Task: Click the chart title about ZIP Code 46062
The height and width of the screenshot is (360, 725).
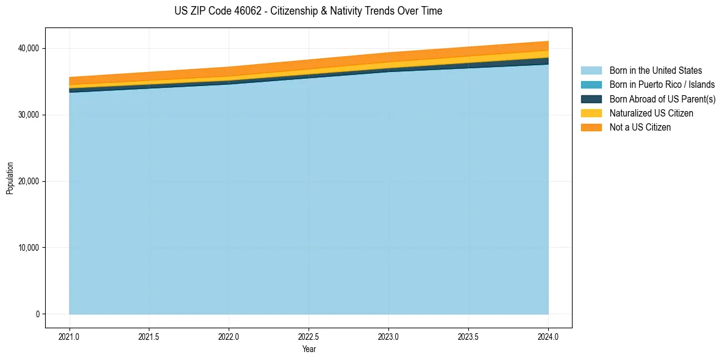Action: coord(308,11)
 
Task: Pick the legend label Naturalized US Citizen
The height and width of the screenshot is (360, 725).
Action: coord(651,113)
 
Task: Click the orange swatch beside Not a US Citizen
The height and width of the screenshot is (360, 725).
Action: coord(591,128)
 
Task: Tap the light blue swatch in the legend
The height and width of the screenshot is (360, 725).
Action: coord(591,71)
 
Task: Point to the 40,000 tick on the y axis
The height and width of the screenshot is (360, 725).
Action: coord(28,48)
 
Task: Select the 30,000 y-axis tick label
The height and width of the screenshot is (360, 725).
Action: coord(28,115)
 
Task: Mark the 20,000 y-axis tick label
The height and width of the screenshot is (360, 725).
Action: coord(28,181)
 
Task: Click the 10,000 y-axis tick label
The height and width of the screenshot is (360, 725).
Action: coord(28,248)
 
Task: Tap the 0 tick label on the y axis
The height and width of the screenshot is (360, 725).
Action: coord(37,314)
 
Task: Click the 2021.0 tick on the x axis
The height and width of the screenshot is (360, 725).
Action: coord(70,336)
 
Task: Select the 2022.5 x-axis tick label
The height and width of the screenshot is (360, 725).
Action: coord(309,336)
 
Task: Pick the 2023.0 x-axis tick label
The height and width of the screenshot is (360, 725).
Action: coord(388,336)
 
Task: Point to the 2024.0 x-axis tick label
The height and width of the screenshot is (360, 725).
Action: coord(548,336)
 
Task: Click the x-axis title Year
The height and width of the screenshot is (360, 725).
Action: coord(309,349)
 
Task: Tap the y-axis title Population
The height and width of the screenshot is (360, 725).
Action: coord(10,178)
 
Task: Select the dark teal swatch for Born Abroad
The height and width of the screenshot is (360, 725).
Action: coord(591,99)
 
